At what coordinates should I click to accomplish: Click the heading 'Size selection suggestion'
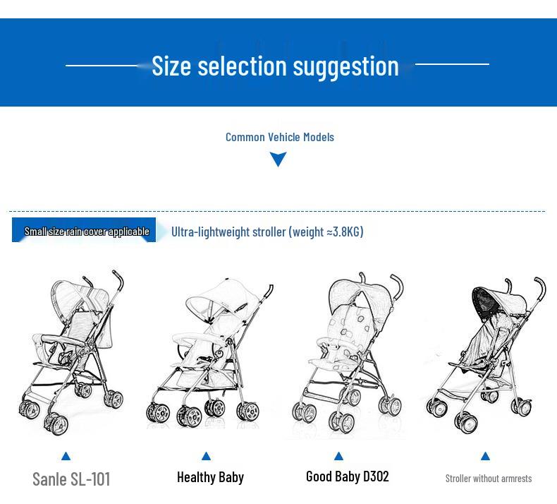pos(275,66)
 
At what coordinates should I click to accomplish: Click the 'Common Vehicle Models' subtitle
pos(279,137)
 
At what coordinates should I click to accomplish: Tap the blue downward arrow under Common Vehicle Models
pos(278,160)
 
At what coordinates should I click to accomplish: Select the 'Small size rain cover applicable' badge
pos(85,231)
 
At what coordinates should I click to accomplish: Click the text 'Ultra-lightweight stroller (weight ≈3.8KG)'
pos(267,232)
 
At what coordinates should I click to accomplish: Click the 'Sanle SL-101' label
pos(71,479)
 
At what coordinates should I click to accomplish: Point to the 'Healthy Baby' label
pos(210,477)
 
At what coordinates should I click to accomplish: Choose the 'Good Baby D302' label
pos(347,476)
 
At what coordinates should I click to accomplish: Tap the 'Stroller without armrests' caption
pos(488,479)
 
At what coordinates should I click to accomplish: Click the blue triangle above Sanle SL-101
pos(66,456)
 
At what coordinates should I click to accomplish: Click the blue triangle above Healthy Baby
pos(206,456)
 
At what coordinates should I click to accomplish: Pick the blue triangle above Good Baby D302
pos(338,456)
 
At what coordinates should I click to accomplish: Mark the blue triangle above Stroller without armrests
pos(485,456)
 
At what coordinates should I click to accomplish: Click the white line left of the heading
pos(106,66)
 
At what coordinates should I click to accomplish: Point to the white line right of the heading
pos(451,64)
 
